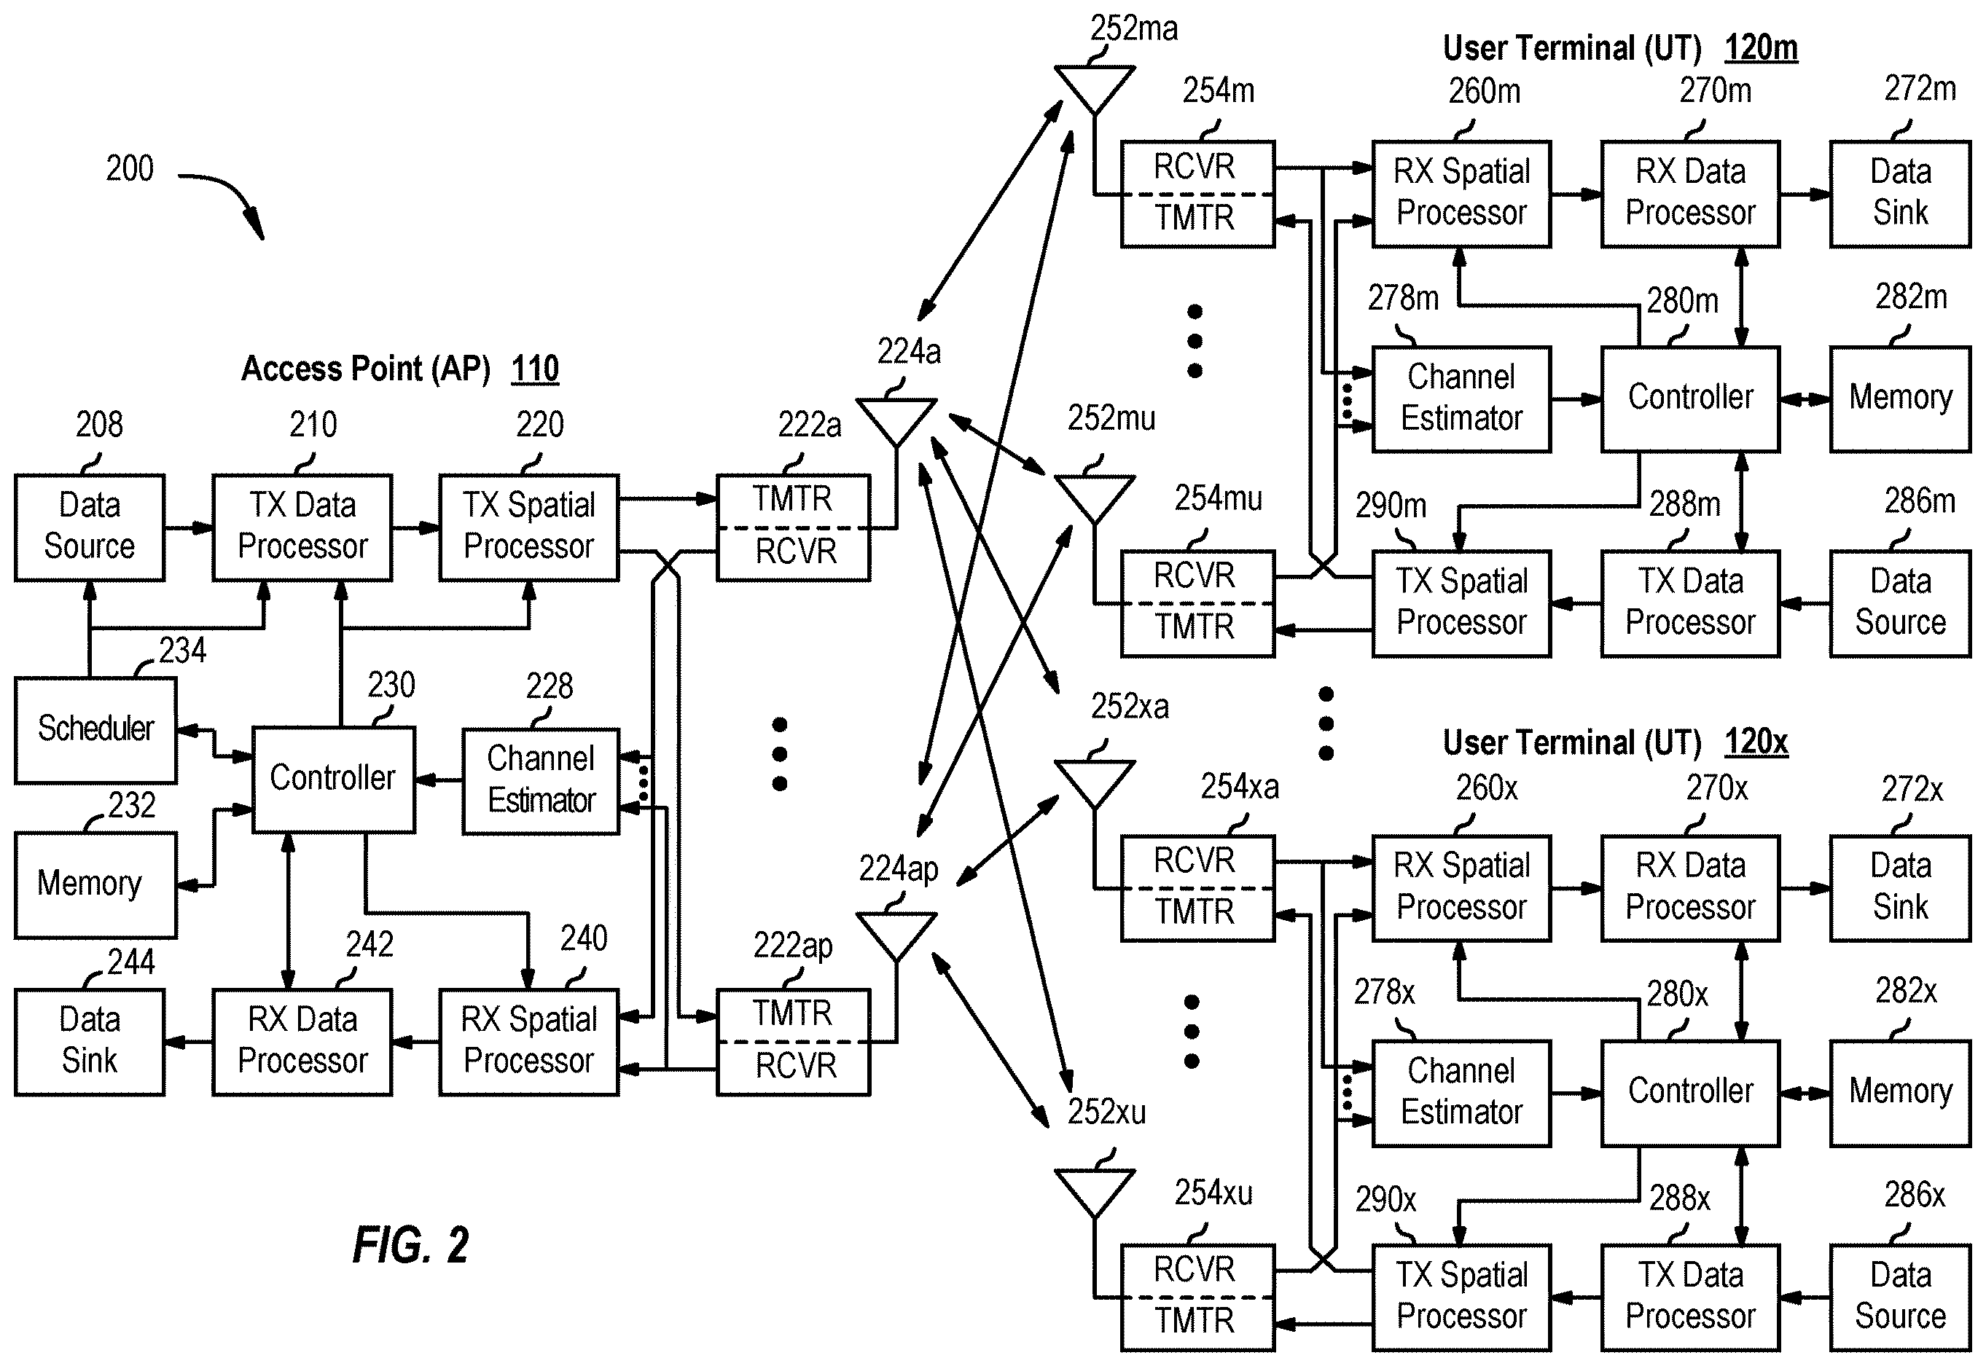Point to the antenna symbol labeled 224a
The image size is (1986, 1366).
[896, 422]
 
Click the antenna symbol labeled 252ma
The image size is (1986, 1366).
[1094, 90]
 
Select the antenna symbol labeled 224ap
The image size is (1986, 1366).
[896, 936]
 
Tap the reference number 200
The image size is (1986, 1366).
[129, 168]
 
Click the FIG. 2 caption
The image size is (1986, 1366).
[411, 1244]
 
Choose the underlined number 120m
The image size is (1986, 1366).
[1761, 48]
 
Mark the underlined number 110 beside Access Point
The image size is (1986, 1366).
[535, 369]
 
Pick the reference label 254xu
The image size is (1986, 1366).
[1213, 1193]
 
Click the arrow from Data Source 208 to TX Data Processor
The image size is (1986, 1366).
[188, 528]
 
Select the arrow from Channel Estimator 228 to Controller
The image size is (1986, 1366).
[438, 780]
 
